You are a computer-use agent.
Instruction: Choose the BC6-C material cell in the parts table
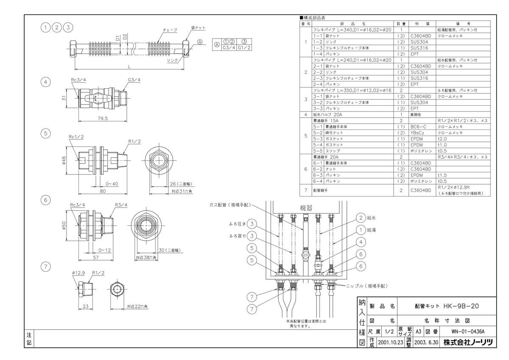click(420, 127)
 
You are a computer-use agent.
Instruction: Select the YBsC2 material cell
click(420, 132)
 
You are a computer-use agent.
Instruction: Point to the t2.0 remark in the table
click(443, 139)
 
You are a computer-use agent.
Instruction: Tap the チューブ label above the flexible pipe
click(169, 31)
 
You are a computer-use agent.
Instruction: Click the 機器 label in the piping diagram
click(305, 209)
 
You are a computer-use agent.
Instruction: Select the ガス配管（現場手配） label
click(229, 205)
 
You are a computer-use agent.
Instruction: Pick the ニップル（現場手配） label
click(367, 286)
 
